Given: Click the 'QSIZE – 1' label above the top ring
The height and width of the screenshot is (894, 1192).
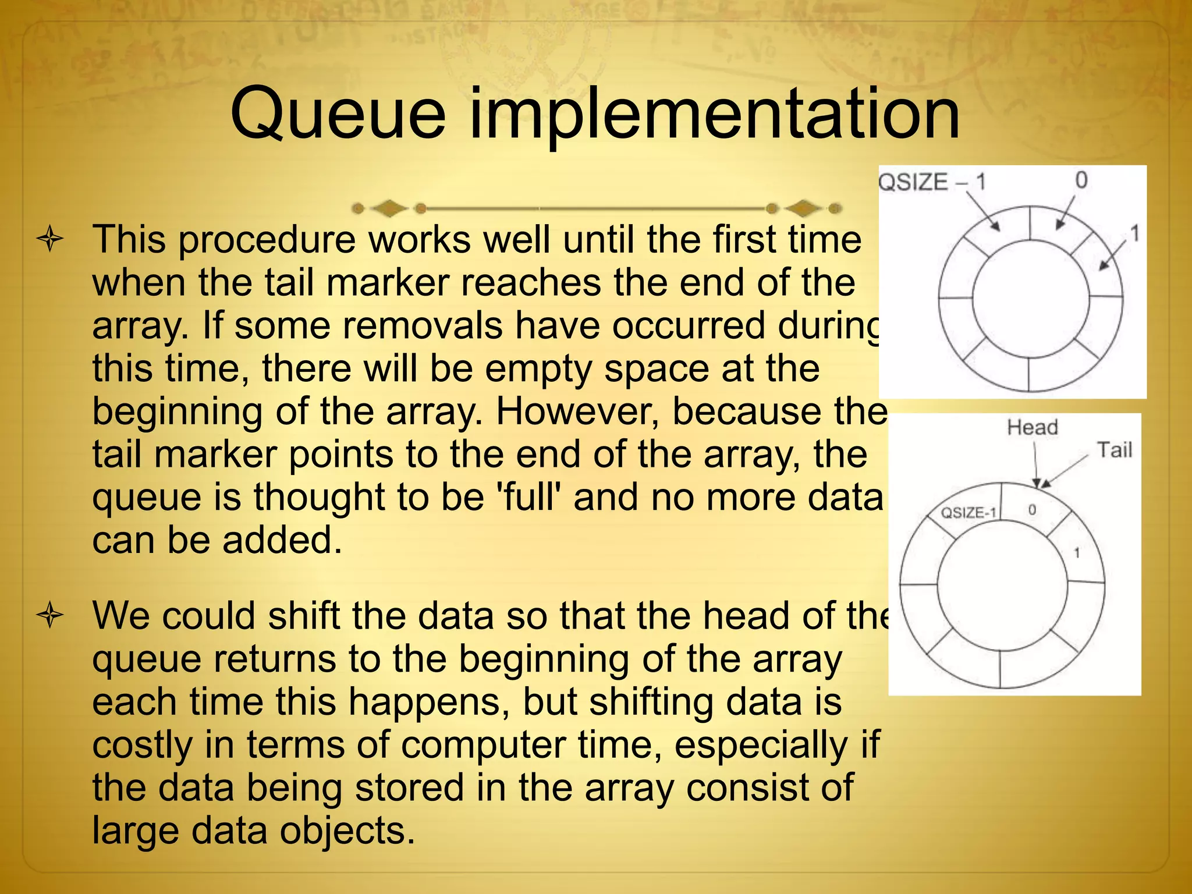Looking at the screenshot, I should (932, 182).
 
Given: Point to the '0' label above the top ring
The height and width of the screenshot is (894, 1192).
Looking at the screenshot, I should (1081, 180).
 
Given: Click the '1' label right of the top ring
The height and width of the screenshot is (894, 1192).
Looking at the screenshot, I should (1134, 234).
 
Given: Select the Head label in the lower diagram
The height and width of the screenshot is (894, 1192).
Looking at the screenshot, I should (1033, 427).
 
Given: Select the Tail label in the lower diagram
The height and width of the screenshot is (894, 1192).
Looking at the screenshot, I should (1114, 450).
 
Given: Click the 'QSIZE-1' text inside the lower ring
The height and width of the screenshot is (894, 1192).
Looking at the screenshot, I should (968, 513).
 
